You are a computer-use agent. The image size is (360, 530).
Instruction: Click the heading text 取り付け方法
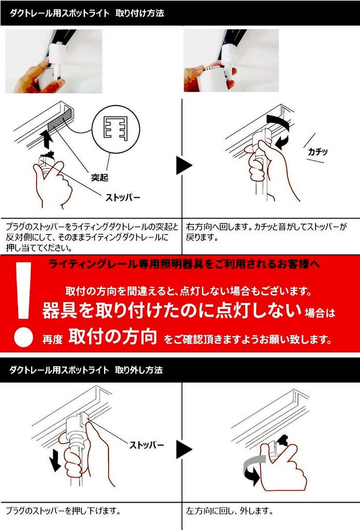pyautogui.click(x=140, y=13)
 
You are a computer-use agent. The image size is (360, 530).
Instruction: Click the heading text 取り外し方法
pyautogui.click(x=139, y=370)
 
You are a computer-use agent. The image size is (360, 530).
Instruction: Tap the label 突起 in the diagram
pyautogui.click(x=99, y=178)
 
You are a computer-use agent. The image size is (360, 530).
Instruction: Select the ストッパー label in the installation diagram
pyautogui.click(x=123, y=197)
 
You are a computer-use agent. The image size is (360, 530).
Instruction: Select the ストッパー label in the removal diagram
pyautogui.click(x=147, y=445)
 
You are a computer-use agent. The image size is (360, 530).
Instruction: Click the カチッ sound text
pyautogui.click(x=318, y=152)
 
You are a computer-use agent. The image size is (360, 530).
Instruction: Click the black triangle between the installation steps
pyautogui.click(x=184, y=165)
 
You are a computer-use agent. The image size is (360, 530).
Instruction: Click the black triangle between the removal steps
pyautogui.click(x=184, y=450)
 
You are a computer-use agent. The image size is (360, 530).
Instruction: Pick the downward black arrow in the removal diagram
pyautogui.click(x=54, y=461)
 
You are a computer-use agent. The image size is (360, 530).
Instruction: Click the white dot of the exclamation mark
pyautogui.click(x=23, y=337)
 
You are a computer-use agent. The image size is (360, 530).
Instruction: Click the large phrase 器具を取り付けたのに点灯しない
pyautogui.click(x=172, y=311)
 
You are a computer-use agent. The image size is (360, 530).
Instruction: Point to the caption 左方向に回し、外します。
pyautogui.click(x=229, y=511)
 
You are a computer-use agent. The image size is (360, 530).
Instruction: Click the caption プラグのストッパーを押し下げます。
pyautogui.click(x=63, y=511)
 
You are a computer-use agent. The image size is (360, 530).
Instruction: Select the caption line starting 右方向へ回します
pyautogui.click(x=266, y=227)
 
